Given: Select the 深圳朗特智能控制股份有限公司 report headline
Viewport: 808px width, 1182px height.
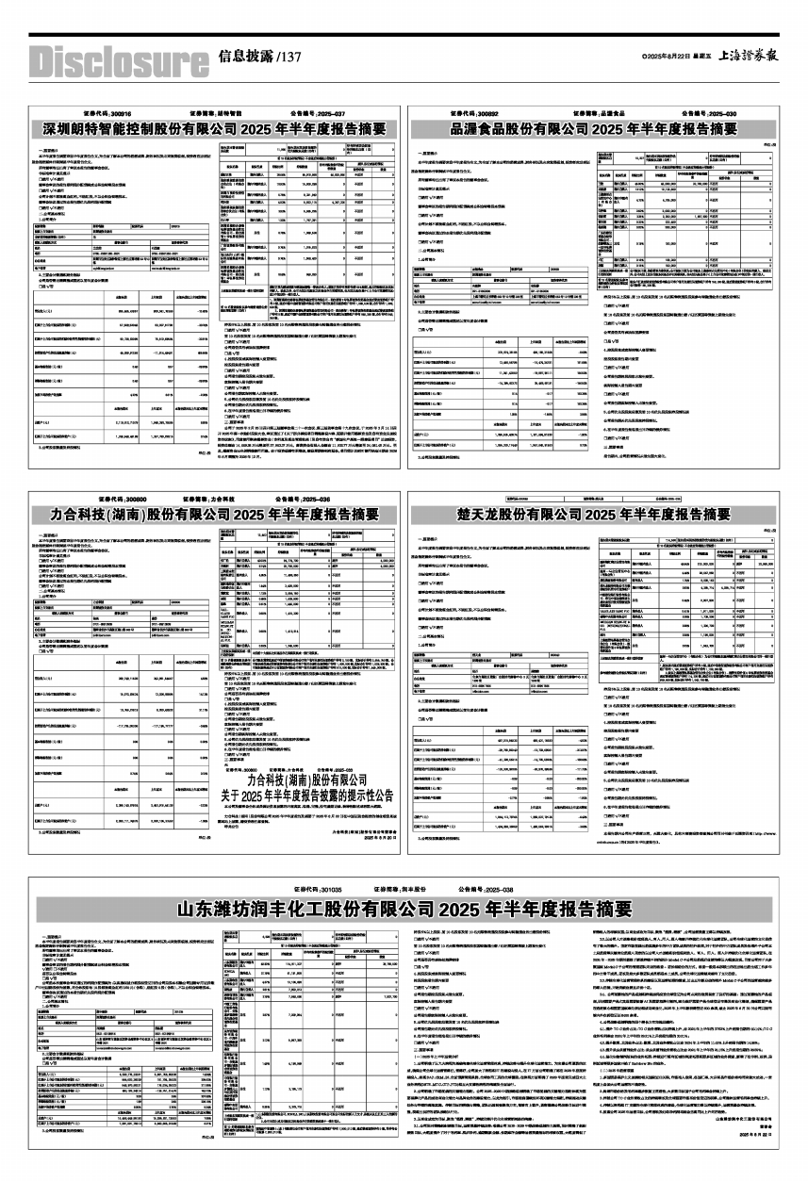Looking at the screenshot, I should (x=214, y=128).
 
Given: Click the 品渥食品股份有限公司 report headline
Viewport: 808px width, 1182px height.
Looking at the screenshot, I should (x=593, y=128).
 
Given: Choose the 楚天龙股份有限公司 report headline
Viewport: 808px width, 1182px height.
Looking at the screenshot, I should (x=593, y=515).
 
